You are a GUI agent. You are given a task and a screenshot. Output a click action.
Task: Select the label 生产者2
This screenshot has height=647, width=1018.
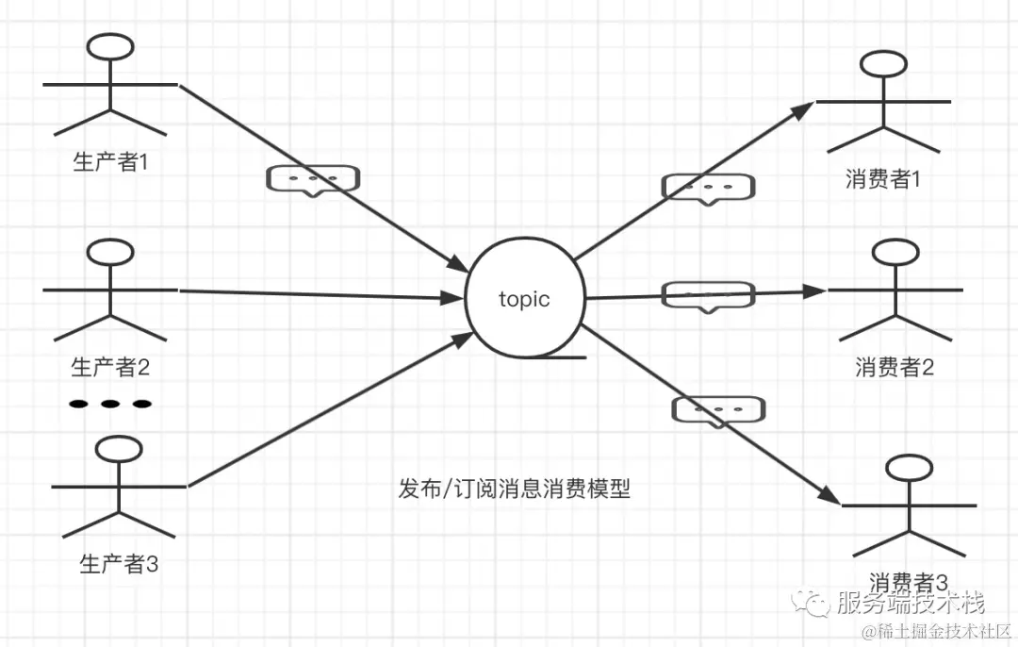(111, 366)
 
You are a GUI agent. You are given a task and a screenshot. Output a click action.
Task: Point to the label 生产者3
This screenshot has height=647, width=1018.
(119, 564)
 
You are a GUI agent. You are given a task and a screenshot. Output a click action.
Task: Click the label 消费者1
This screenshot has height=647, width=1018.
(883, 179)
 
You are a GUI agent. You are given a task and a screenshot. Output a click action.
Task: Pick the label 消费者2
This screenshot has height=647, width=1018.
(895, 367)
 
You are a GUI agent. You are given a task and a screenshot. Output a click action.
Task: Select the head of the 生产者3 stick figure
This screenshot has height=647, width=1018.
(119, 449)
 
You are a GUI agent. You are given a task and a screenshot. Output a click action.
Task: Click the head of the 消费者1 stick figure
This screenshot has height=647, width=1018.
(884, 65)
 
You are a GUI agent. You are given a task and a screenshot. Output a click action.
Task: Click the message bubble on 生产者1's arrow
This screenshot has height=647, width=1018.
(313, 179)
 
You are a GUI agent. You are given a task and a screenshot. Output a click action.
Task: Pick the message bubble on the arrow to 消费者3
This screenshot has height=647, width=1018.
(718, 410)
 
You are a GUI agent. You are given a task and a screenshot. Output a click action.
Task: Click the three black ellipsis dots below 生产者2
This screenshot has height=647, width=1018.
(110, 404)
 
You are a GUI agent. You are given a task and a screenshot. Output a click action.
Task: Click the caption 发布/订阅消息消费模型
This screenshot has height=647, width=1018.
(514, 489)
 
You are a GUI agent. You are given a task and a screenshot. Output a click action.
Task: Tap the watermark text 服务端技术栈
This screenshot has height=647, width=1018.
(910, 602)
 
